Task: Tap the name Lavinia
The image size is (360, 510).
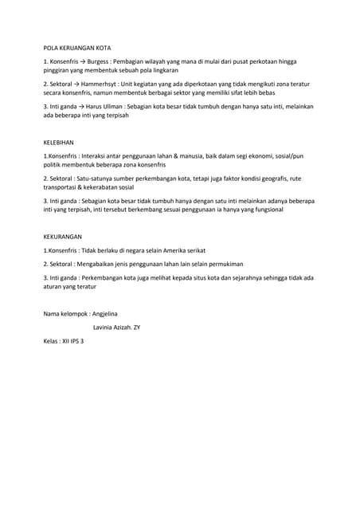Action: [106, 328]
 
